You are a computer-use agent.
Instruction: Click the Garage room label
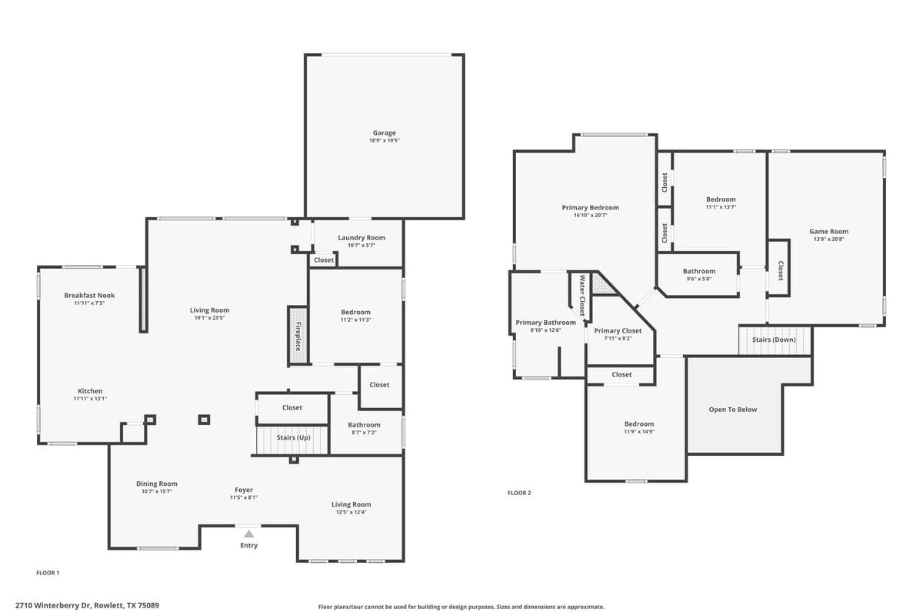click(x=385, y=133)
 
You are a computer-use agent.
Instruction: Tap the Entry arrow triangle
click(x=248, y=533)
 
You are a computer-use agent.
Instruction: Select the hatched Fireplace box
click(x=298, y=335)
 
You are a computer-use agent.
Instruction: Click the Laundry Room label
click(x=361, y=238)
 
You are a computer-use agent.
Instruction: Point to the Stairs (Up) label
click(x=293, y=437)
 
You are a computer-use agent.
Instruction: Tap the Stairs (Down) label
click(x=774, y=340)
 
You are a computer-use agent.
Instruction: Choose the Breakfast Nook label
click(x=89, y=296)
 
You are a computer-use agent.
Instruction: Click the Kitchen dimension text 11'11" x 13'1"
click(x=90, y=399)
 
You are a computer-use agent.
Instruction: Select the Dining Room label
click(x=157, y=484)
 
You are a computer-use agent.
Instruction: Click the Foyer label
click(x=244, y=490)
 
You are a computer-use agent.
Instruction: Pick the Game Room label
click(x=828, y=232)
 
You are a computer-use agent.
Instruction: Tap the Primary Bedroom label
click(x=590, y=208)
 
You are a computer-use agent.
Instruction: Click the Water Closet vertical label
click(x=582, y=296)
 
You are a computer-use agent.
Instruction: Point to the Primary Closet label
click(x=618, y=331)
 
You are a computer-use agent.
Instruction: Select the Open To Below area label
click(x=732, y=410)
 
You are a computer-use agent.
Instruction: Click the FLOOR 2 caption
click(x=519, y=493)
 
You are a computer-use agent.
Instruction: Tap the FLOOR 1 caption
click(x=48, y=573)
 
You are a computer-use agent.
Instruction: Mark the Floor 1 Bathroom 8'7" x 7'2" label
click(x=364, y=425)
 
